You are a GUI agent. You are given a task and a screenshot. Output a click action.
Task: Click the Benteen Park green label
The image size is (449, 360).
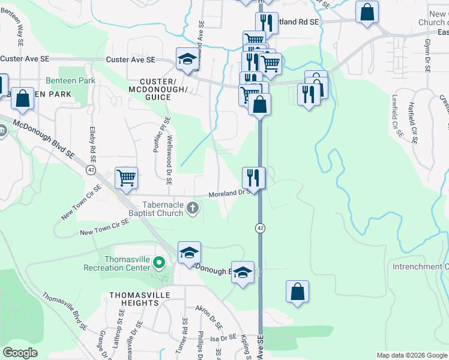70,80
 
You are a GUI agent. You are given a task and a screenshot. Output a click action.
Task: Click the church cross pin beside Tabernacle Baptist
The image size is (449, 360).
192,208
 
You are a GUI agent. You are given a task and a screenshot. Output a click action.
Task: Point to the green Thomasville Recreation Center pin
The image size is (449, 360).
159,262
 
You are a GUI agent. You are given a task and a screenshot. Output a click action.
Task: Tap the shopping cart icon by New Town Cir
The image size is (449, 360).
126,178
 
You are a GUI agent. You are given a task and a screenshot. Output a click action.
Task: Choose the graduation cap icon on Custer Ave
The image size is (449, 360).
187,59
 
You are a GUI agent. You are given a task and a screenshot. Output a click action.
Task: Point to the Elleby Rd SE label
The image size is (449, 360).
92,144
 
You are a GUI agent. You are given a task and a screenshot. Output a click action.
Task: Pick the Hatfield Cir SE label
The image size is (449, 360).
412,127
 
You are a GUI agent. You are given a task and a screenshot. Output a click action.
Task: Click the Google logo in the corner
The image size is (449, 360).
20,353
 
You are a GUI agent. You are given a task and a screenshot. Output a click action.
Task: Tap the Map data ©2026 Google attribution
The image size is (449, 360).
412,355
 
